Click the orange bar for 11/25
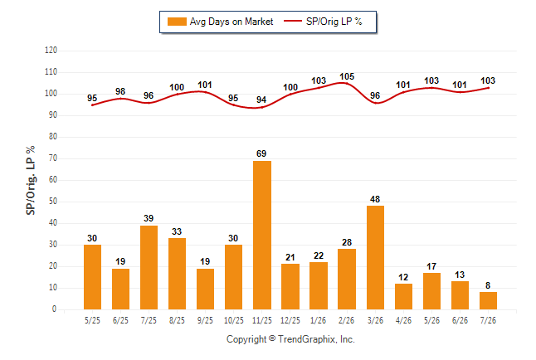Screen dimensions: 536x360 pyautogui.click(x=262, y=236)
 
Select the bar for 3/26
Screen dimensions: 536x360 pyautogui.click(x=375, y=258)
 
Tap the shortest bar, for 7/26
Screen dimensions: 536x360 pyautogui.click(x=488, y=301)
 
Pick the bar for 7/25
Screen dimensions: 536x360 pyautogui.click(x=149, y=267)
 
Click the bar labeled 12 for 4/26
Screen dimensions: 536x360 pyautogui.click(x=404, y=296)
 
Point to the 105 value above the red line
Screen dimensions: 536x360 pyautogui.click(x=347, y=76)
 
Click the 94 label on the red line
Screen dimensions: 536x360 pyautogui.click(x=261, y=100)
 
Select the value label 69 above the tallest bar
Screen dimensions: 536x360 pyautogui.click(x=261, y=153)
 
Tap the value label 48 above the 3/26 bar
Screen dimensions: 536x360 pyautogui.click(x=375, y=199)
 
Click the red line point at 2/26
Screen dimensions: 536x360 pyautogui.click(x=347, y=83)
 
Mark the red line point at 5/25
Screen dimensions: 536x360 pyautogui.click(x=92, y=105)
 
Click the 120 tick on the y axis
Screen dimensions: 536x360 pyautogui.click(x=51, y=51)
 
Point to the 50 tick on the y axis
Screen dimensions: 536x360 pyautogui.click(x=52, y=202)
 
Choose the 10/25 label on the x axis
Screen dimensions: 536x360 pyautogui.click(x=234, y=320)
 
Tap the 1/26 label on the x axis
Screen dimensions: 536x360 pyautogui.click(x=319, y=320)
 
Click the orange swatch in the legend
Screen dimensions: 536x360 pyautogui.click(x=177, y=22)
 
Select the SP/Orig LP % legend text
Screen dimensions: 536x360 pyautogui.click(x=334, y=22)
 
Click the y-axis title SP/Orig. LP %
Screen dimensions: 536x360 pyautogui.click(x=31, y=180)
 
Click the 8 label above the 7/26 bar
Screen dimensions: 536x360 pyautogui.click(x=488, y=285)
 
